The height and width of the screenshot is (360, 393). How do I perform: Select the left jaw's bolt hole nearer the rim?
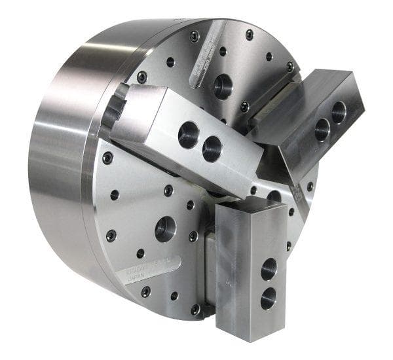click(189, 135)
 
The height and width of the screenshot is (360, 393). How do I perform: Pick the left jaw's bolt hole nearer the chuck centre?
click(212, 149)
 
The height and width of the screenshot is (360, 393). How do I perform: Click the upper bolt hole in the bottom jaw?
click(269, 269)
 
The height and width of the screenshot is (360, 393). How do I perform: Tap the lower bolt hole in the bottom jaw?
click(268, 298)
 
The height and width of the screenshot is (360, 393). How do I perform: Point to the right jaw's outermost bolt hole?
click(339, 112)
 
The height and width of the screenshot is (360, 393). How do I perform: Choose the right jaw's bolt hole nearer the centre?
click(322, 130)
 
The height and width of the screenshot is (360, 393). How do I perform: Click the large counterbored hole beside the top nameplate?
click(223, 86)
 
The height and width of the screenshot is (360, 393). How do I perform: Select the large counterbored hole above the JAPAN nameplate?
click(165, 229)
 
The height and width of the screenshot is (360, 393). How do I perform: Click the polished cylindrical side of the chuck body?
click(59, 177)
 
